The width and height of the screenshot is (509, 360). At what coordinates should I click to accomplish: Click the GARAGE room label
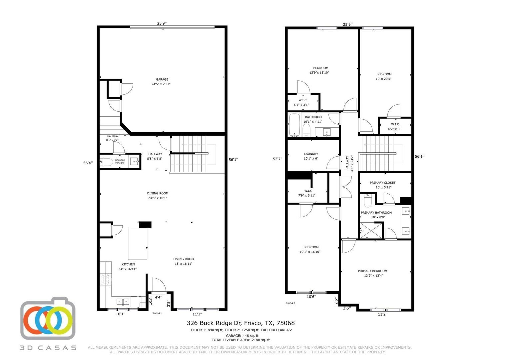[x=162, y=80]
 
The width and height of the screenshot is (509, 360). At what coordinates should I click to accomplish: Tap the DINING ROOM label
[x=158, y=193]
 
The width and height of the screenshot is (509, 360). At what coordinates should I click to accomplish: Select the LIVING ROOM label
[x=183, y=259]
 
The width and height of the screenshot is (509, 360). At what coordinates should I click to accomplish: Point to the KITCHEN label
[x=128, y=264]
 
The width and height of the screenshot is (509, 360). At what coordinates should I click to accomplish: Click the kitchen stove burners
[x=106, y=280]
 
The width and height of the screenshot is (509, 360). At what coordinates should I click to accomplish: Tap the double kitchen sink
[x=123, y=302]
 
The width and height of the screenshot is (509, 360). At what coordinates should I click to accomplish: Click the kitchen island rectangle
[x=138, y=243]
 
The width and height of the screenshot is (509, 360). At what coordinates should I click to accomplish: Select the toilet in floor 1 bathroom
[x=107, y=162]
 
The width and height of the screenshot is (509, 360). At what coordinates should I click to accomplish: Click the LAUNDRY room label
[x=311, y=154]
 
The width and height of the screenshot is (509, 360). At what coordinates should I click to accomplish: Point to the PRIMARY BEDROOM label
[x=372, y=271]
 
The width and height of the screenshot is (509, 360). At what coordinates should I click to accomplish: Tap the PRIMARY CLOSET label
[x=382, y=183]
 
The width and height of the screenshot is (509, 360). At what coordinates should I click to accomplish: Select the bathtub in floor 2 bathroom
[x=294, y=125]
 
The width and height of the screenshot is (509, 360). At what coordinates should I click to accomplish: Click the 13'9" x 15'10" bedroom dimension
[x=319, y=73]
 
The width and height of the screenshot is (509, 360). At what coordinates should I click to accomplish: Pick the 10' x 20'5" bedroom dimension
[x=384, y=79]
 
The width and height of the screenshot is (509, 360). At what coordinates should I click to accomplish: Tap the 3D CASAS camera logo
[x=48, y=319]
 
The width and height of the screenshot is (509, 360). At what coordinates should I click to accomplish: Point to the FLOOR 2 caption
[x=290, y=303]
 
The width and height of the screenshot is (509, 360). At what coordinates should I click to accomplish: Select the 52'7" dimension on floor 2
[x=277, y=159]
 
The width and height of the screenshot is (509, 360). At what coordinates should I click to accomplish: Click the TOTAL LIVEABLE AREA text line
[x=241, y=340]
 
